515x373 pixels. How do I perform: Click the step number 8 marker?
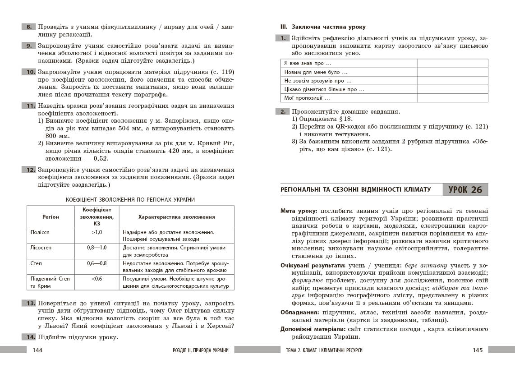pos(29,28)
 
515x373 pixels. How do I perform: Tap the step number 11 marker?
pos(29,106)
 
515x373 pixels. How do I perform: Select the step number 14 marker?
pos(29,337)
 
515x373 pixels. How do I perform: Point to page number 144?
pos(34,350)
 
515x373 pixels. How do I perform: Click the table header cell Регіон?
pos(51,216)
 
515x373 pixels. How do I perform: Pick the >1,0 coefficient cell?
pos(97,232)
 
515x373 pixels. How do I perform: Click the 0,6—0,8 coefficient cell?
pos(97,263)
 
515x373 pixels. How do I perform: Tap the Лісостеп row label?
pos(41,248)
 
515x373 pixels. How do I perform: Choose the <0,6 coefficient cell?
pos(97,278)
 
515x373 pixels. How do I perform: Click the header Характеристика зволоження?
pos(176,216)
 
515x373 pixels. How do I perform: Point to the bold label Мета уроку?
pos(299,211)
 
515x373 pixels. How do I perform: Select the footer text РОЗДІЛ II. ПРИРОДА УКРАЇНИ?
pos(201,350)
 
